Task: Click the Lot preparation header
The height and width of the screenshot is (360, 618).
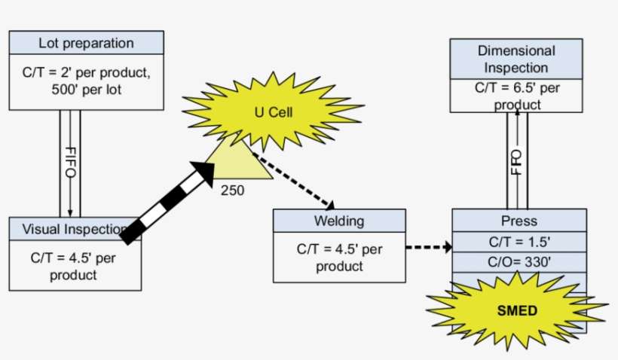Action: (x=85, y=43)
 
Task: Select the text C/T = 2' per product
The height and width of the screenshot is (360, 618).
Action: (x=85, y=73)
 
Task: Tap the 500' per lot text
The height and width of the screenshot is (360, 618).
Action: (x=85, y=89)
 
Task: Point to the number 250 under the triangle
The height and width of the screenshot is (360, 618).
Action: (x=232, y=191)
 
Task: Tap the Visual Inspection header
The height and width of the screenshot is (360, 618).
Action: (x=73, y=229)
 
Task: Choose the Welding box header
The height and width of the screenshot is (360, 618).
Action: (x=338, y=221)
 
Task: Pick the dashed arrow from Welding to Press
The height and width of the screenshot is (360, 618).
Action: (x=428, y=247)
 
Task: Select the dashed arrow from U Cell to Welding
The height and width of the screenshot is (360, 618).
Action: (x=294, y=179)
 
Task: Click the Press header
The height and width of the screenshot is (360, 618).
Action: (x=519, y=221)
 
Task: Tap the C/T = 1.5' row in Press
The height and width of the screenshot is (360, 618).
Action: (x=519, y=242)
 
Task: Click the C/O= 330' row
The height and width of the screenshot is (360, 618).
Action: (x=519, y=262)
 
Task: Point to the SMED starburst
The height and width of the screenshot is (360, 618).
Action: (x=506, y=310)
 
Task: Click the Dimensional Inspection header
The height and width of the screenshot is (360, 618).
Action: (x=516, y=59)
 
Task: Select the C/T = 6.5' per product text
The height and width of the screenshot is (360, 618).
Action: (x=516, y=96)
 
